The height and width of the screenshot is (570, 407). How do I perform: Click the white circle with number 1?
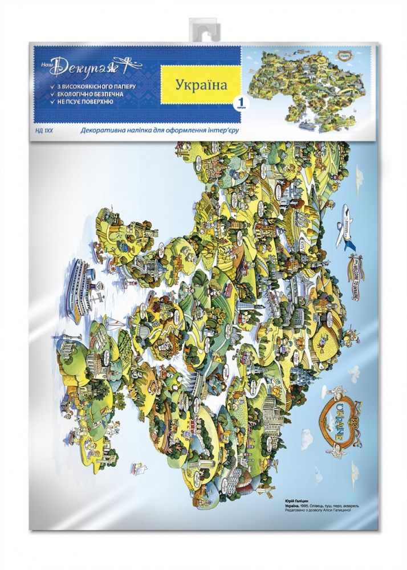click(240, 103)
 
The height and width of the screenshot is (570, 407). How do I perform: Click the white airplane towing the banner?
click(347, 229)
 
